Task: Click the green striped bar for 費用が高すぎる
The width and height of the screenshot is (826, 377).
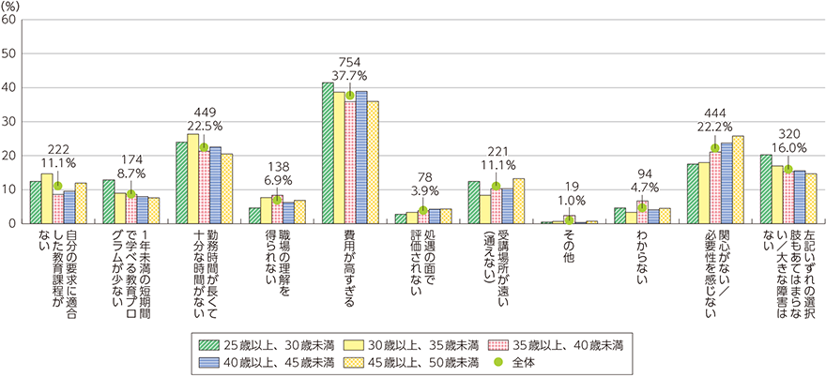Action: point(328,153)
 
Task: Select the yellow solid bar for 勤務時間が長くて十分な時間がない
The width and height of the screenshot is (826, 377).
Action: point(192,178)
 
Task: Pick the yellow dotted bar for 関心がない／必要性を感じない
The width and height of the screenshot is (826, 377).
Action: point(736,179)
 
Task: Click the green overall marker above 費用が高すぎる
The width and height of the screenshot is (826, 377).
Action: point(350,95)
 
